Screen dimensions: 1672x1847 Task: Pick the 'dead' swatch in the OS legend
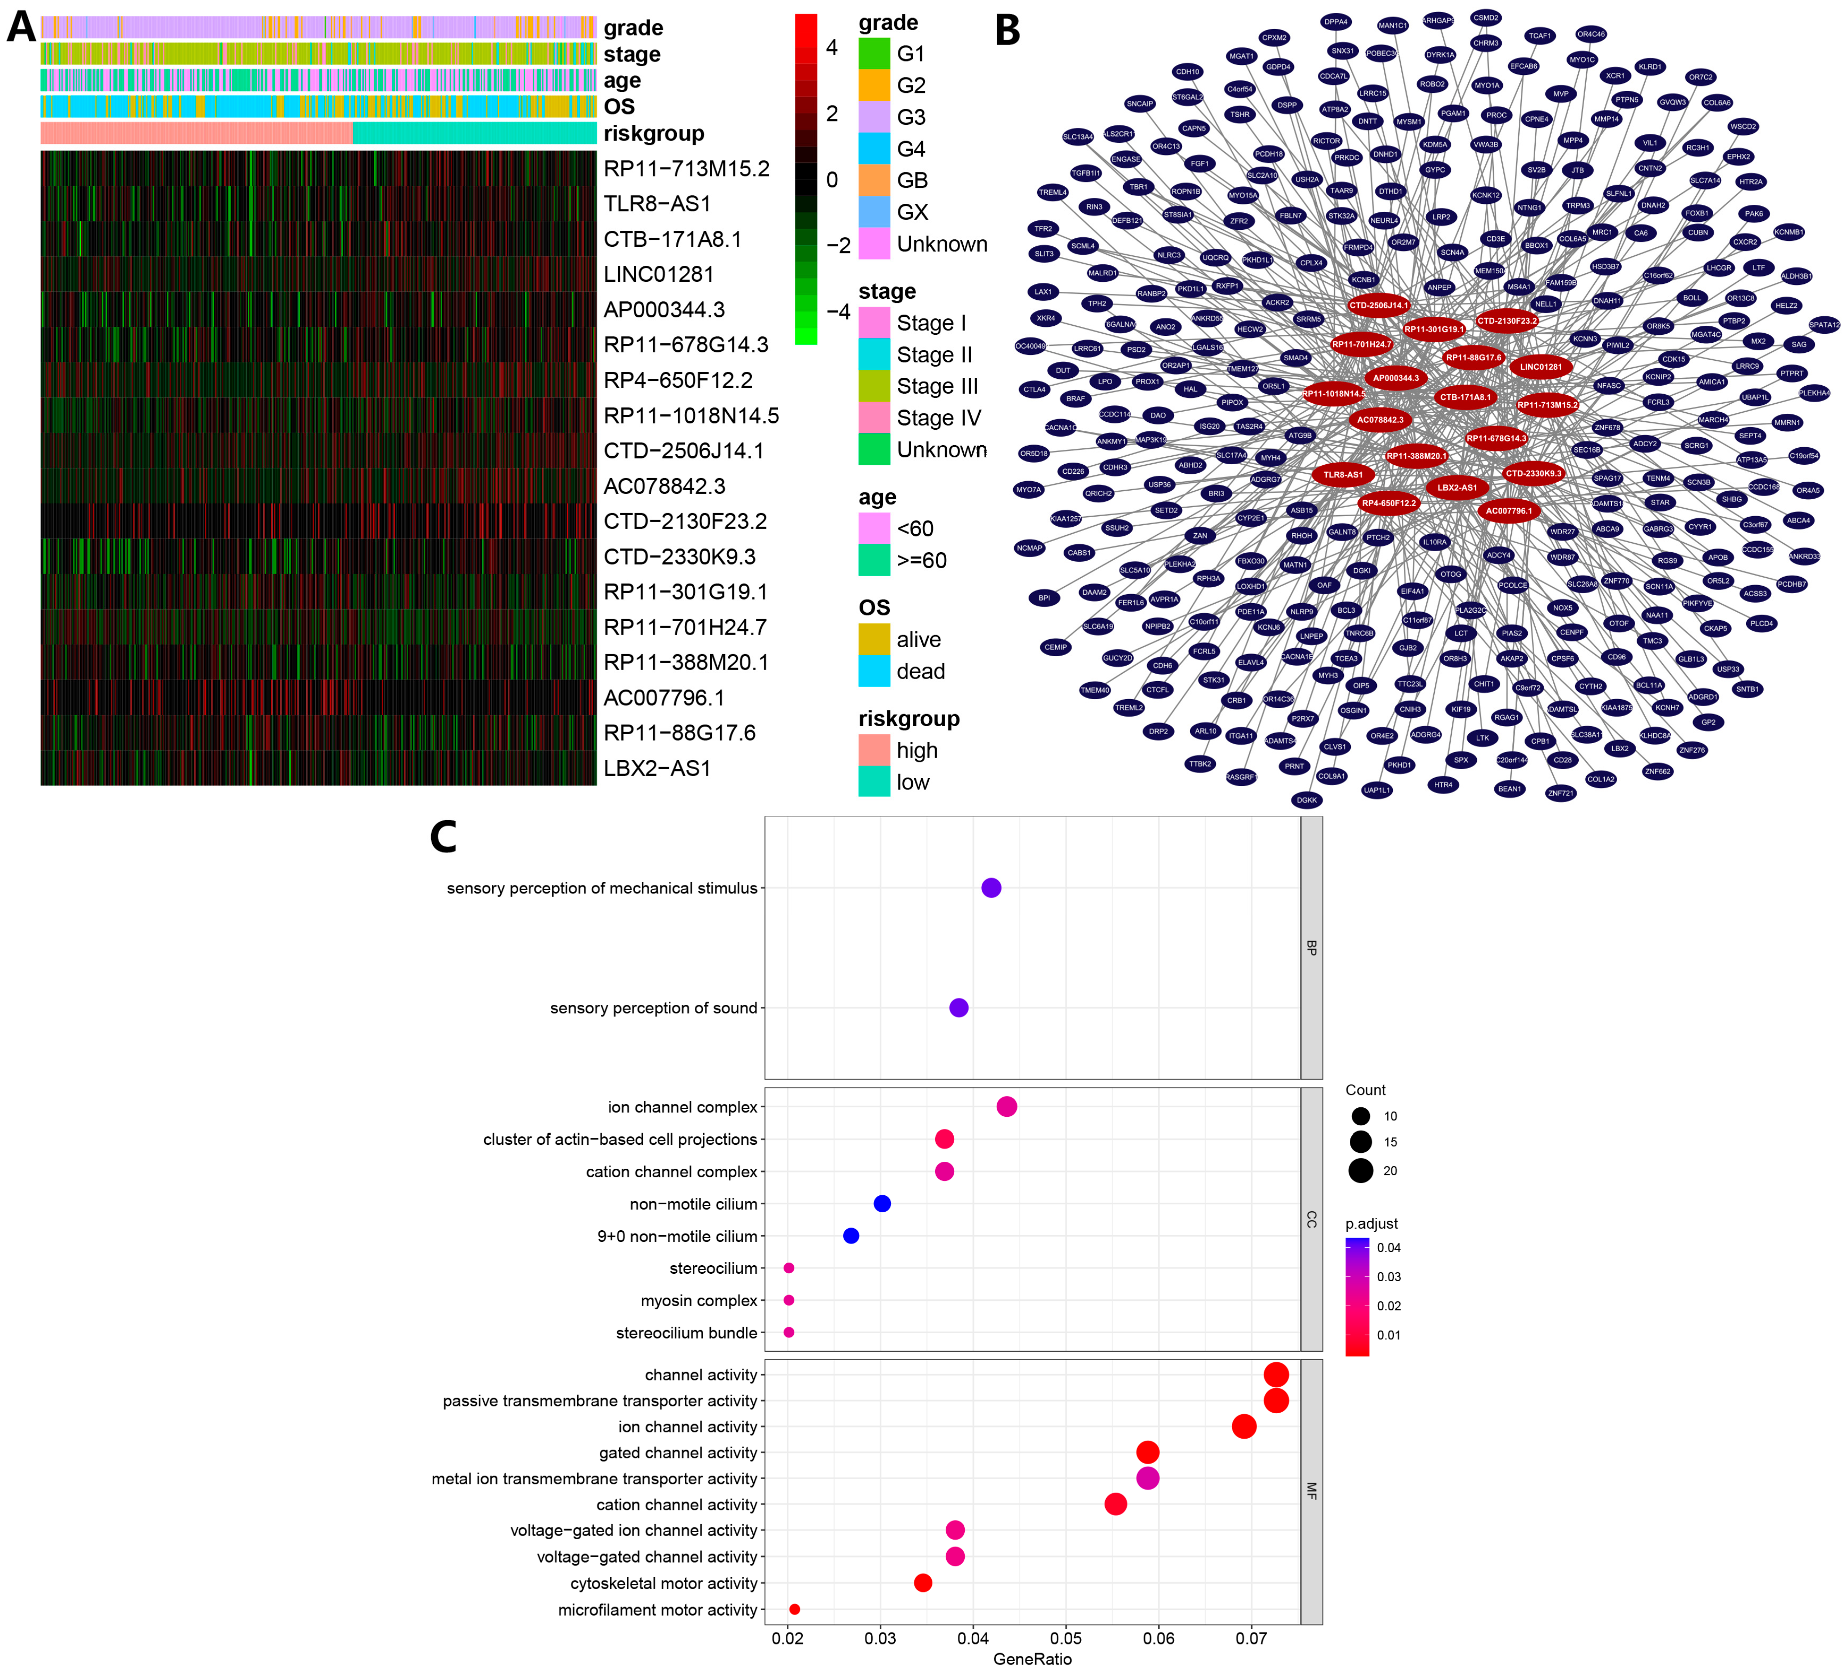click(x=874, y=672)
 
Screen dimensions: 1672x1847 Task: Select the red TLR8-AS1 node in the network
click(x=1343, y=475)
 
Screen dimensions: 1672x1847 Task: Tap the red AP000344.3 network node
click(x=1395, y=377)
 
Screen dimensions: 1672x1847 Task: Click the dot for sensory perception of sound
click(x=958, y=1008)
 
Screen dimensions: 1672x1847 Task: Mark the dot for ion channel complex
click(x=1006, y=1107)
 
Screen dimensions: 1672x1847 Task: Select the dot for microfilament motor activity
click(x=794, y=1610)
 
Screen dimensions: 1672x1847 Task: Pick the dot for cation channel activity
click(x=1115, y=1504)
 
